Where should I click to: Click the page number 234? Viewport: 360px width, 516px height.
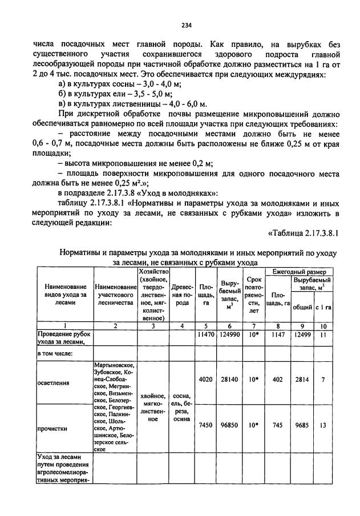click(x=186, y=25)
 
